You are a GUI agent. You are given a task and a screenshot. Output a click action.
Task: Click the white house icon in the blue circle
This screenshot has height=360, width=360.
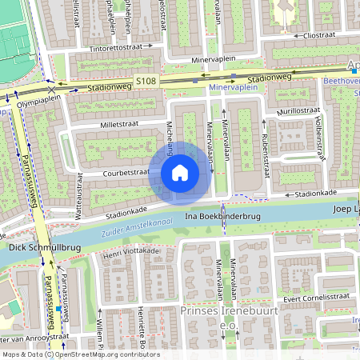tap(180, 172)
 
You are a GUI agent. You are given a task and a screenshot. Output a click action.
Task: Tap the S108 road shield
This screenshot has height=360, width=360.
tap(146, 81)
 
